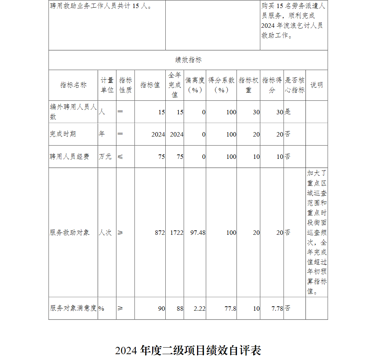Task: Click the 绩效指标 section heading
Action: [188, 60]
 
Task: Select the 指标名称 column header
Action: [73, 85]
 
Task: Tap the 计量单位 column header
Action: [107, 85]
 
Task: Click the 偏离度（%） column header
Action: [195, 85]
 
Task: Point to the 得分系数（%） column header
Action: [221, 85]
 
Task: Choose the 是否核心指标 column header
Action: [295, 85]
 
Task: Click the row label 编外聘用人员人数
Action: [73, 112]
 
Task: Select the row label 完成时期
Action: [63, 134]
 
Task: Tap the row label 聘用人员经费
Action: [69, 157]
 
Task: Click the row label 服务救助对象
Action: [69, 233]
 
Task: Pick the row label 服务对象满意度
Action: [73, 308]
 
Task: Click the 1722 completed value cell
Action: [177, 233]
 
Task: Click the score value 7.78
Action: [277, 309]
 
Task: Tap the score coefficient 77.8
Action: [230, 309]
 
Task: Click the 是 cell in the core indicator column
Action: [288, 112]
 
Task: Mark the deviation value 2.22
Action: [200, 309]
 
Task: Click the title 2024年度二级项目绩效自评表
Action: [188, 351]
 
